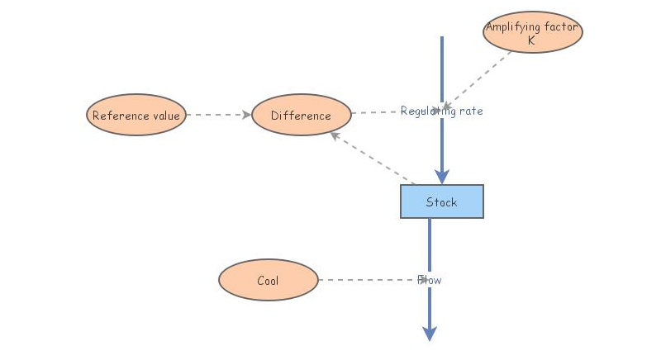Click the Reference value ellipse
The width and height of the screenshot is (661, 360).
pyautogui.click(x=136, y=115)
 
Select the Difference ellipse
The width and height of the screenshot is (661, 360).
pyautogui.click(x=301, y=115)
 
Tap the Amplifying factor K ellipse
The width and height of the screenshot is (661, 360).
pyautogui.click(x=532, y=32)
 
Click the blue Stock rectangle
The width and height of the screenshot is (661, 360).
pyautogui.click(x=441, y=201)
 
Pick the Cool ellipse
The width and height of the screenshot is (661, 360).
pyautogui.click(x=268, y=280)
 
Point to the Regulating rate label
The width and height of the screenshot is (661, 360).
pyautogui.click(x=441, y=111)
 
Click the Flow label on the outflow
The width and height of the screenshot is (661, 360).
pyautogui.click(x=430, y=280)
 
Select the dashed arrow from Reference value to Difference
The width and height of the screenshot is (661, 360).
pyautogui.click(x=216, y=115)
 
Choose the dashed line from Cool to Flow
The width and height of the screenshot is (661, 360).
pyautogui.click(x=368, y=280)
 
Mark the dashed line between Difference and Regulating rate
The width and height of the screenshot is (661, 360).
pyautogui.click(x=375, y=112)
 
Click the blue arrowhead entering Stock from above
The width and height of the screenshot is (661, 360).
pyautogui.click(x=442, y=176)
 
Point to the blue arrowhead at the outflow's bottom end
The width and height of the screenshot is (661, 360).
pyautogui.click(x=430, y=333)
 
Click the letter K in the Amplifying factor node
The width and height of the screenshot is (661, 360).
pyautogui.click(x=531, y=40)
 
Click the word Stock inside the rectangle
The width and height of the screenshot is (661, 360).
pyautogui.click(x=441, y=202)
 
